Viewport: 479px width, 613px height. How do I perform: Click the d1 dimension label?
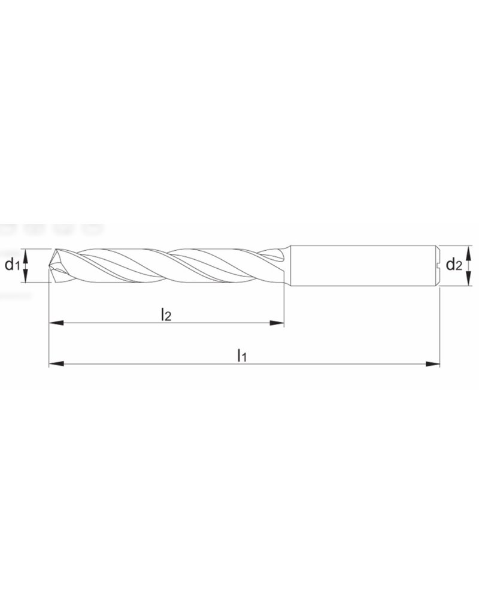[x=13, y=265]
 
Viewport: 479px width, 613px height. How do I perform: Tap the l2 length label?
[x=166, y=315]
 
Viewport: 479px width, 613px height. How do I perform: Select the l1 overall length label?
[x=241, y=355]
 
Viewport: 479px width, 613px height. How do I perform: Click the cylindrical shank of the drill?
[x=359, y=265]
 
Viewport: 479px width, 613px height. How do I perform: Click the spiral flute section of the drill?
[x=168, y=265]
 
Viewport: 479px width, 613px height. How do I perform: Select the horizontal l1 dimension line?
[x=329, y=363]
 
